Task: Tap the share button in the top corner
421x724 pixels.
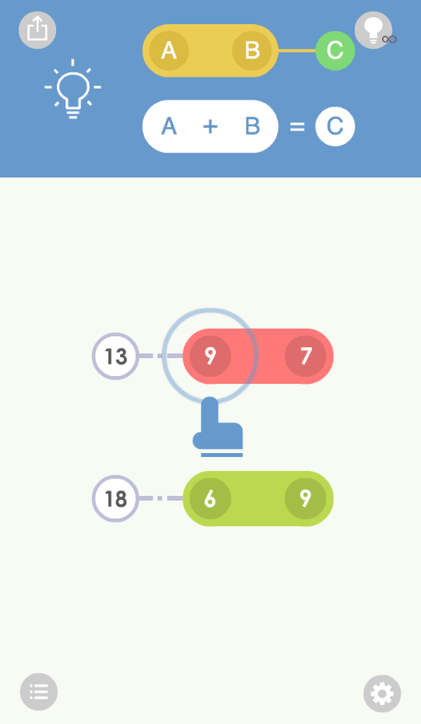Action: tap(37, 30)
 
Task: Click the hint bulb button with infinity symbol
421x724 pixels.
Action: tap(373, 30)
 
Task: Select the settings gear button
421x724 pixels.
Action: tap(382, 694)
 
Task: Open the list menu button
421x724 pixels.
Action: tap(39, 691)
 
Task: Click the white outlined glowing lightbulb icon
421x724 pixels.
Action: tap(73, 89)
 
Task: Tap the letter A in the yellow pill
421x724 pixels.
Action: tap(169, 51)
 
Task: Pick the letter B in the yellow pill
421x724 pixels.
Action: tap(252, 51)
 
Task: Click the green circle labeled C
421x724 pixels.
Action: tap(335, 51)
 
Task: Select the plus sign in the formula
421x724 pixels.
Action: tap(210, 126)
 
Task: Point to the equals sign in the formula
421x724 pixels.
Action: tap(297, 127)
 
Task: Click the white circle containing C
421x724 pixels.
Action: tap(335, 127)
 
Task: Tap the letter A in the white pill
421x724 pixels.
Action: tap(169, 126)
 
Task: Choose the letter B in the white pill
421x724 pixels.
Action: tap(252, 126)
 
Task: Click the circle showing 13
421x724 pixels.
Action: tap(115, 356)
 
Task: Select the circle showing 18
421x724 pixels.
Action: tap(115, 499)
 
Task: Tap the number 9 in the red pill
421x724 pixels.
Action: tap(210, 356)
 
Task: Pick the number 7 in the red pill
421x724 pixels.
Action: tap(306, 356)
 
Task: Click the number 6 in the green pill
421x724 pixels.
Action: tap(210, 499)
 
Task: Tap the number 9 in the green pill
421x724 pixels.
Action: tap(306, 499)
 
